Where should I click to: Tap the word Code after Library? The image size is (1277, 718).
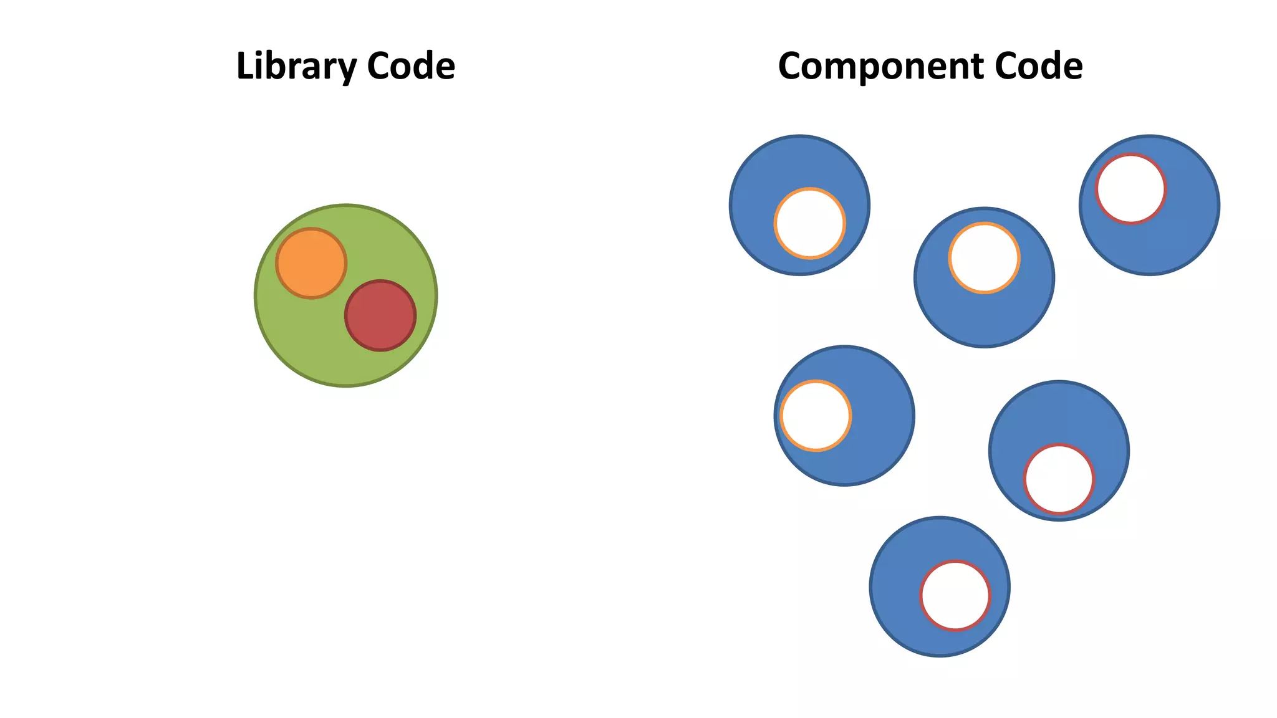pyautogui.click(x=411, y=66)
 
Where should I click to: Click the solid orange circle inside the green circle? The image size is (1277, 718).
pyautogui.click(x=311, y=263)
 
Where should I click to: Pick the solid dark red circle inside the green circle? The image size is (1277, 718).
pyautogui.click(x=380, y=315)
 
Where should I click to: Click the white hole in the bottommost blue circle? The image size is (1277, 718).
pyautogui.click(x=955, y=596)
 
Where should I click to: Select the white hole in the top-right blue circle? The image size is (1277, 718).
pyautogui.click(x=1130, y=188)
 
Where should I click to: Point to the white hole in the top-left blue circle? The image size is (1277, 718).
pyautogui.click(x=809, y=223)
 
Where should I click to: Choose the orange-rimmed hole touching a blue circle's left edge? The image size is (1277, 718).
pyautogui.click(x=816, y=415)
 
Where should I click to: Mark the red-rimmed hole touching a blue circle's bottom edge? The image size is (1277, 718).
pyautogui.click(x=1059, y=479)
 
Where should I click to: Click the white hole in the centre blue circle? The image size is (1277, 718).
pyautogui.click(x=984, y=257)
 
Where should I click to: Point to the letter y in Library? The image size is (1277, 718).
pyautogui.click(x=347, y=70)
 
